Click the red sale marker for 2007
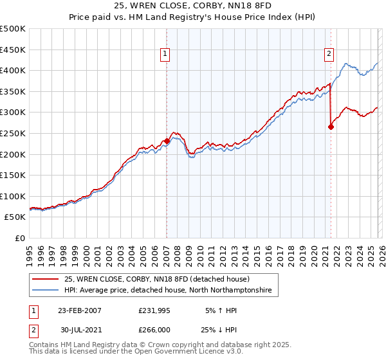167,141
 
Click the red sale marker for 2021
331,127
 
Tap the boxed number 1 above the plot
166,55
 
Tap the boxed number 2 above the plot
329,55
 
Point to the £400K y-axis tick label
13,71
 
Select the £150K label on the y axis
13,175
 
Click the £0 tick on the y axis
19,239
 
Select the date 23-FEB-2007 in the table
80,310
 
